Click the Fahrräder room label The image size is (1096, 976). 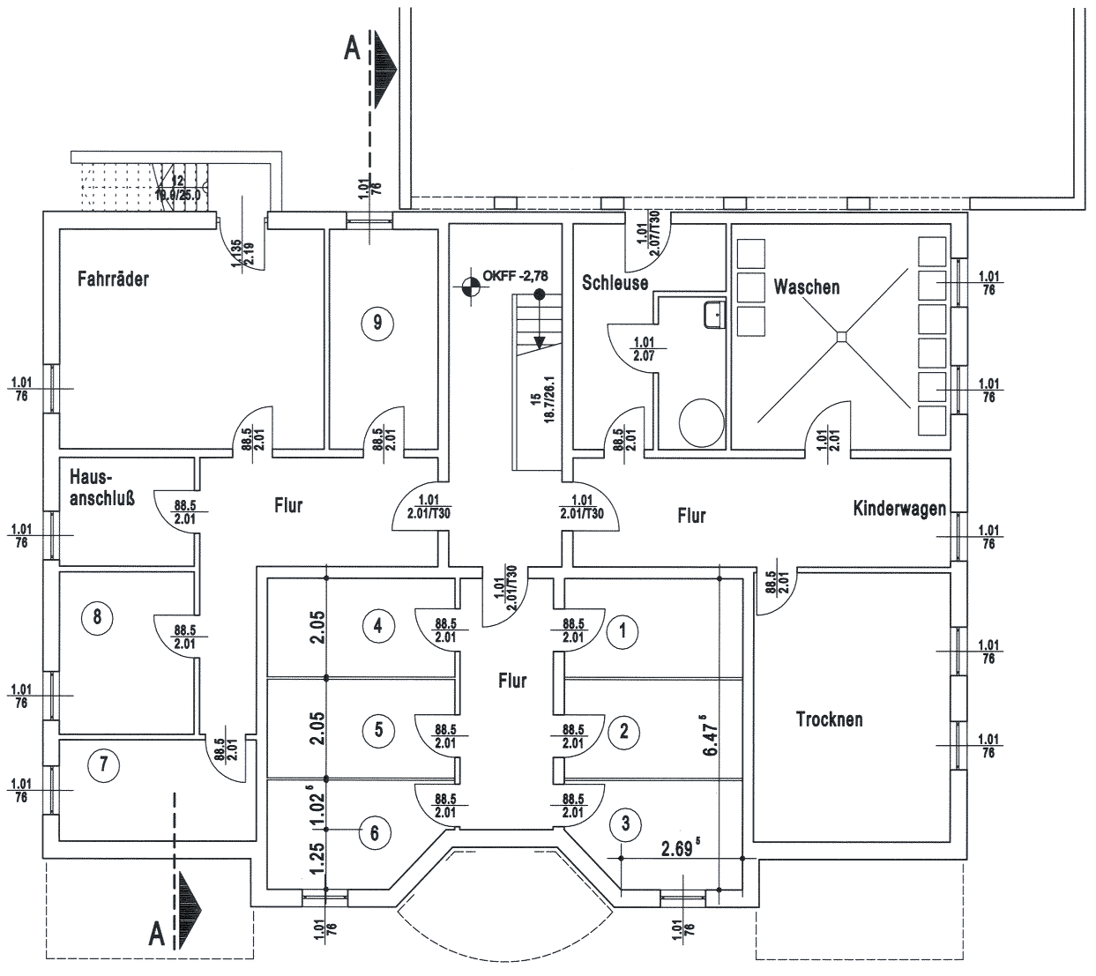(113, 279)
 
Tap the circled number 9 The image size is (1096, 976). (377, 323)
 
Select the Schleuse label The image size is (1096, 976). (615, 283)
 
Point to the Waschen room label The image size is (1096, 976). (806, 287)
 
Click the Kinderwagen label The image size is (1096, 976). (899, 509)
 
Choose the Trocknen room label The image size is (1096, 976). (829, 719)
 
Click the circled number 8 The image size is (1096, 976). (97, 618)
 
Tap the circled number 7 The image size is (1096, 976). (104, 764)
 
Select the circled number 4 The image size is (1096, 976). (378, 627)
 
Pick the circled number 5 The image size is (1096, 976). (378, 729)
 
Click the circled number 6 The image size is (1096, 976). (375, 832)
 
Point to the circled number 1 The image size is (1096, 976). (623, 630)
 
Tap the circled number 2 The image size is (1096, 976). (624, 730)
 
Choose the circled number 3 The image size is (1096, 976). (625, 825)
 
